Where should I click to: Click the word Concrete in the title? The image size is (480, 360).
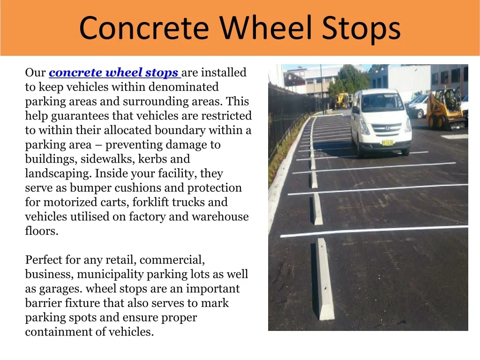point(144,28)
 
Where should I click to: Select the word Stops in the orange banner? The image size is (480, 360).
point(361,29)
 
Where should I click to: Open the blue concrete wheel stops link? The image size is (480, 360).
point(113,72)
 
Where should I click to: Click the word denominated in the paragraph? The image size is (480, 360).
point(183,87)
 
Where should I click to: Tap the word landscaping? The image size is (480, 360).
point(58,173)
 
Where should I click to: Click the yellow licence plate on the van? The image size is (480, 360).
point(388,142)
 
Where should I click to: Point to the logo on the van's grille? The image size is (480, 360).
point(387,128)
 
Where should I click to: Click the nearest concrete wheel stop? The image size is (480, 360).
point(323,278)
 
